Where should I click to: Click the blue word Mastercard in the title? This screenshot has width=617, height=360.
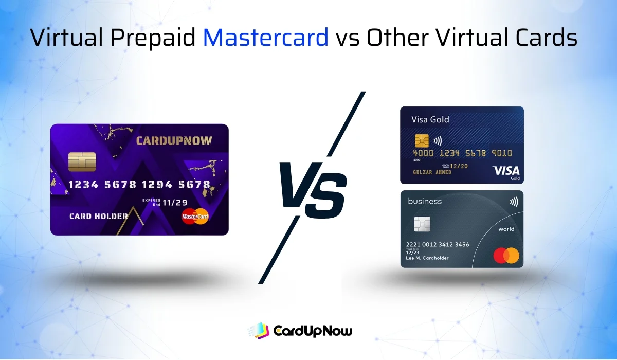coord(265,38)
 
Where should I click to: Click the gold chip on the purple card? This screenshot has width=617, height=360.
coord(82,162)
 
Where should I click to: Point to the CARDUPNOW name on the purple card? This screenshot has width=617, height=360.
coord(174,140)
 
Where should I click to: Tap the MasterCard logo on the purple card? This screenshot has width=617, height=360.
coord(195,217)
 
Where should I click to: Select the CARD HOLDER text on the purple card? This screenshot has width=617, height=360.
coord(98,216)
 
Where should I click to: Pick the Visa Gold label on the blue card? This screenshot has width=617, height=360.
coord(430,119)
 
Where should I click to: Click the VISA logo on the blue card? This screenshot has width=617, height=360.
coord(506,170)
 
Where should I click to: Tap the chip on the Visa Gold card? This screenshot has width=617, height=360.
coord(422,139)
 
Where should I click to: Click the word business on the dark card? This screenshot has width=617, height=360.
coord(425,201)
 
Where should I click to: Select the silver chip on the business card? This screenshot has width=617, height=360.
coord(422,224)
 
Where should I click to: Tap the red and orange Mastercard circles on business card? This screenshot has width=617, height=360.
coord(506,255)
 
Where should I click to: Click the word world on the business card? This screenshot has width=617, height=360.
coord(506,229)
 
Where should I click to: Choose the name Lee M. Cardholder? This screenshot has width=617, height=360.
coord(428,258)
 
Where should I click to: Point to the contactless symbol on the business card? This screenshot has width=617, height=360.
coord(514,202)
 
